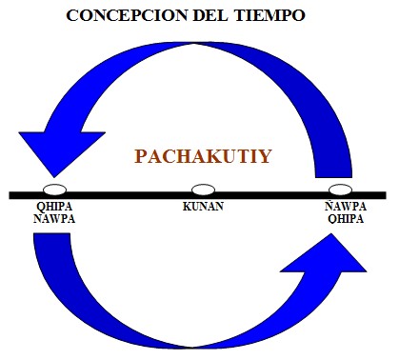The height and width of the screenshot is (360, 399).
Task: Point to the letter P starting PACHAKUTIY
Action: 140,155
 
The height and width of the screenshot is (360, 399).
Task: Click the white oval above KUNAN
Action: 203,190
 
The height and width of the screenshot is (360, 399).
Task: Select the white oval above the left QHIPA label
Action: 54,190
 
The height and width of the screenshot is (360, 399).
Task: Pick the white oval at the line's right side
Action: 339,190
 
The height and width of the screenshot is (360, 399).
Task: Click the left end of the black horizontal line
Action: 11,195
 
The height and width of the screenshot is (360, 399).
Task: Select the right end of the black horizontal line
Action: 387,195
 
